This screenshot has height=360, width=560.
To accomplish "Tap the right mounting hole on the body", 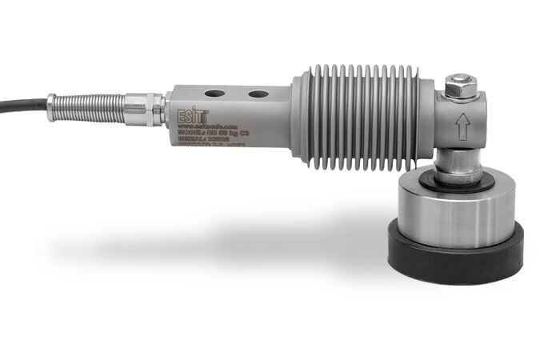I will point(258,94).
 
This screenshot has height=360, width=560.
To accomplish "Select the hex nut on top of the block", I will point(461,85).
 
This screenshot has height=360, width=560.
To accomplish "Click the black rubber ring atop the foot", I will point(456,182).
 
